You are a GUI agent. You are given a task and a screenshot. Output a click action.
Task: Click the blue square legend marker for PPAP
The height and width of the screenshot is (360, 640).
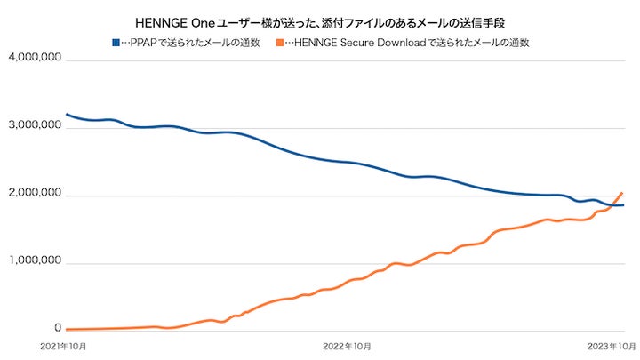tap(115, 43)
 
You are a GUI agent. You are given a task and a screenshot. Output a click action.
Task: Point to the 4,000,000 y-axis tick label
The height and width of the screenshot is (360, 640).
tap(33, 59)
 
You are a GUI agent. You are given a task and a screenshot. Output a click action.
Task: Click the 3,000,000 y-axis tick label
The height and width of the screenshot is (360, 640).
tap(33, 127)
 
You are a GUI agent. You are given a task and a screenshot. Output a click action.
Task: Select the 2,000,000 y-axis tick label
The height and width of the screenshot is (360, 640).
tap(33, 195)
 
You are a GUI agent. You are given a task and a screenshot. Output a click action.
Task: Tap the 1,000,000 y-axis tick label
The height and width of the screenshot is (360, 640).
tap(33, 263)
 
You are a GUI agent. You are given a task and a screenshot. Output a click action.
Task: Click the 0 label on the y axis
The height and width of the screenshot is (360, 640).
tap(57, 331)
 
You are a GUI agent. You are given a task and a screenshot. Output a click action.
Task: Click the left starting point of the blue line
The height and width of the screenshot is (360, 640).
tap(67, 114)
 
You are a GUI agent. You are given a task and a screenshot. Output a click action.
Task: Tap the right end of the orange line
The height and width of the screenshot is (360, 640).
tap(622, 193)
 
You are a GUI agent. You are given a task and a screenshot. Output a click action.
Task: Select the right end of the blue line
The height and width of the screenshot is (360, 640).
tap(622, 205)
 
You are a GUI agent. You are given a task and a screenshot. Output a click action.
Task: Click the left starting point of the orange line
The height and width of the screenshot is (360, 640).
tap(67, 329)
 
